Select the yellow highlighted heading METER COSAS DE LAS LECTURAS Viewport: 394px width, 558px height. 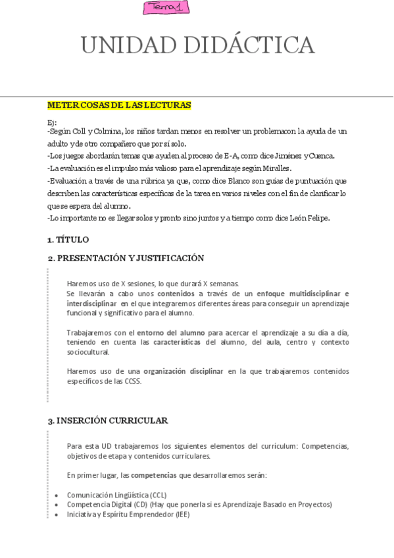click(119, 105)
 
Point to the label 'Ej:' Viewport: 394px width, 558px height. click(52, 122)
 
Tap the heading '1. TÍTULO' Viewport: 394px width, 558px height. click(68, 240)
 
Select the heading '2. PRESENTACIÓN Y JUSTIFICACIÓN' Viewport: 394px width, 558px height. click(126, 259)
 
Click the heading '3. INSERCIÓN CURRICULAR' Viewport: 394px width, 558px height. click(107, 420)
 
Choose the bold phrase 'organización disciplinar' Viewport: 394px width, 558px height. click(184, 371)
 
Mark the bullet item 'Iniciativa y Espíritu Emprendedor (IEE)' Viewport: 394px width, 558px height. click(128, 515)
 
